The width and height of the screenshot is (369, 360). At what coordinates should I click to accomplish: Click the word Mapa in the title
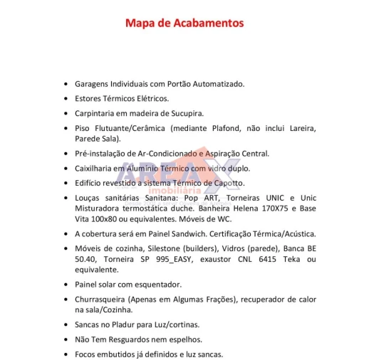tap(140, 23)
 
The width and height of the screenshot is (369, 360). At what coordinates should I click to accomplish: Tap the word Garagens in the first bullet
tap(94, 83)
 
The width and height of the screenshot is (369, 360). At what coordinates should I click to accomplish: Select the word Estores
tap(89, 98)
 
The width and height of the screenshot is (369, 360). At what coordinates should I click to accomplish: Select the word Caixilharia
tap(95, 168)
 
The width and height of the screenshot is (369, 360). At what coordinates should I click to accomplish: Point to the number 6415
tap(256, 259)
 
